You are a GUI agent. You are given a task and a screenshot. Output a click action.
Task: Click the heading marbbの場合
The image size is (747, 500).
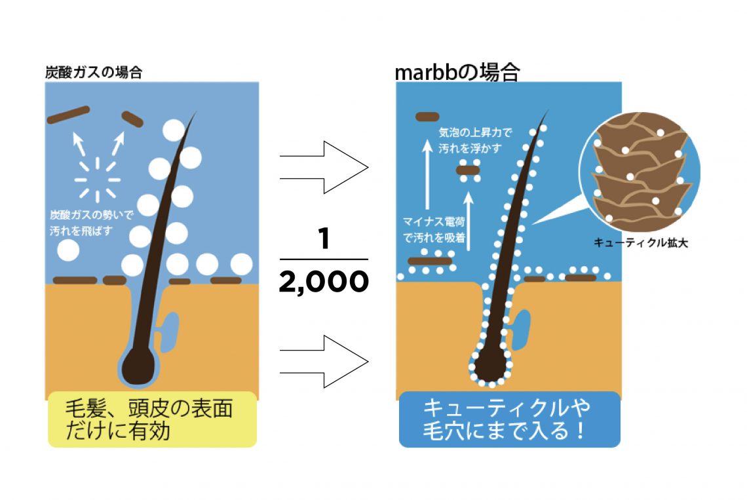point(457,71)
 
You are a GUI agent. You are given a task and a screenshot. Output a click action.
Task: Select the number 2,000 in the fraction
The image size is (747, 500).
point(323,282)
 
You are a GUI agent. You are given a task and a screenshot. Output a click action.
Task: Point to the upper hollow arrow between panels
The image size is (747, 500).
point(324,167)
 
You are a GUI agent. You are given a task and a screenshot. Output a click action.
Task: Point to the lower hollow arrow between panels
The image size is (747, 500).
point(324,361)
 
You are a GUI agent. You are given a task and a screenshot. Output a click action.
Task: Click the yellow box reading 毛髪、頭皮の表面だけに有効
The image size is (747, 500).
point(152,419)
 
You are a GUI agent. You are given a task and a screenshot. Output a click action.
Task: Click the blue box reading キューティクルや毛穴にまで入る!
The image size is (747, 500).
point(509,419)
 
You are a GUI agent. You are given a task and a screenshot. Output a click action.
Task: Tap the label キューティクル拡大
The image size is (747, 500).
point(640,243)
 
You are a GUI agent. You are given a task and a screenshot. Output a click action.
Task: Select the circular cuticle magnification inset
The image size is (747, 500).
point(640,172)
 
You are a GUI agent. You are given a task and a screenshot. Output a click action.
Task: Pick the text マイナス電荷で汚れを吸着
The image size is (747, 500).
point(434,230)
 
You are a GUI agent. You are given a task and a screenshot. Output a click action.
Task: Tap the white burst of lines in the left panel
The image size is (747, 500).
point(97,179)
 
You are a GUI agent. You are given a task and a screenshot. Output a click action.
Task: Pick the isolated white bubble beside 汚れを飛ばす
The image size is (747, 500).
point(68,250)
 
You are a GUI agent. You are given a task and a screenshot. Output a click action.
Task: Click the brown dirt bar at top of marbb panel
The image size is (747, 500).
point(427,117)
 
